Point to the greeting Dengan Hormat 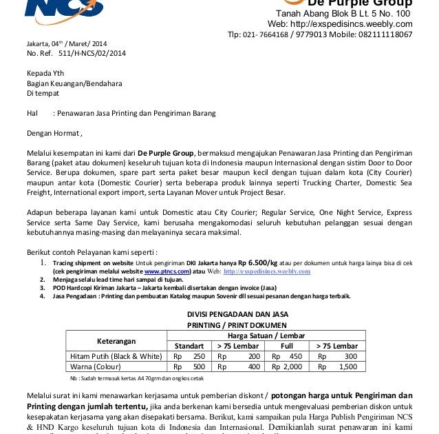click(54, 132)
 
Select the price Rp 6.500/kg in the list click(248, 262)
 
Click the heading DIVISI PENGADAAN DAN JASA click(237, 314)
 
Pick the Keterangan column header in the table click(116, 341)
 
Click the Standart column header click(189, 346)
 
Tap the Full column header click(287, 346)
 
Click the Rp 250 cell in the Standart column click(190, 356)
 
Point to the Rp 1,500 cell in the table click(338, 366)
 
